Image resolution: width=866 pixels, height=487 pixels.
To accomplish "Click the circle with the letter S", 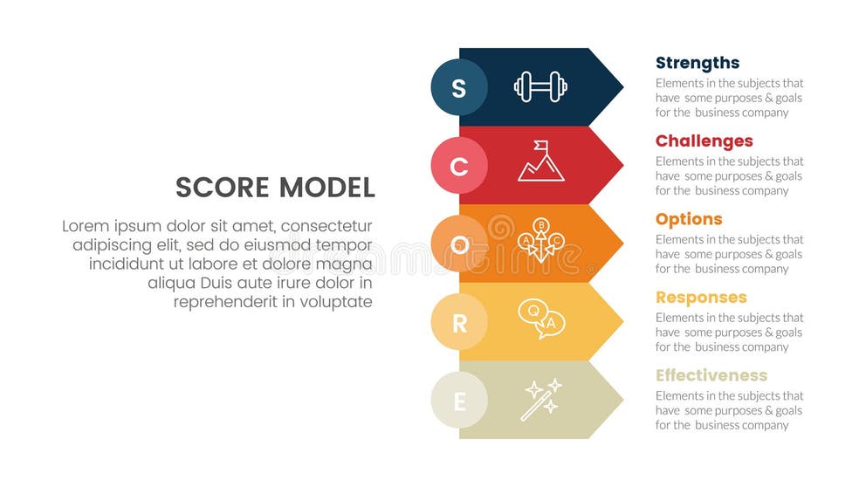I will pos(459,87).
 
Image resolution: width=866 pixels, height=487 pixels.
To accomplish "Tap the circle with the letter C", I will pos(459,166).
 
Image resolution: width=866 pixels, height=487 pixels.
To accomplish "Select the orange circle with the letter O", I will pos(459,244).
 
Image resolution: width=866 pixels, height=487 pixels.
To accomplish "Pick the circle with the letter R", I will pos(459,323).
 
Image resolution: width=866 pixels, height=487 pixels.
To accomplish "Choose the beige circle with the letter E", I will pos(459,401).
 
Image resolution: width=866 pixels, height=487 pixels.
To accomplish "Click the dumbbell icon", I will pos(540,86).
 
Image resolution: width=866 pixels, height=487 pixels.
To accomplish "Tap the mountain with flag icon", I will pos(540,161).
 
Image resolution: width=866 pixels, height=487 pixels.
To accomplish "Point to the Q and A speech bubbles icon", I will pos(540,319).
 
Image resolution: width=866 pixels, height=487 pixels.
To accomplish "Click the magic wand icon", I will pos(541,399).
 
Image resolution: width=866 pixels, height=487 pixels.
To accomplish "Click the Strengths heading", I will pos(698,63).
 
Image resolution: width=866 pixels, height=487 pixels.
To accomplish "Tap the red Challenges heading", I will pos(704,141).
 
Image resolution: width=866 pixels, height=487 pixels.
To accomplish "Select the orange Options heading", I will pos(689,219).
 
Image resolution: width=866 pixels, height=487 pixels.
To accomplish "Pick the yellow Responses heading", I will pos(701,298).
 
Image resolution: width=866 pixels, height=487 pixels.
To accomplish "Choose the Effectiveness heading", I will pos(711,375).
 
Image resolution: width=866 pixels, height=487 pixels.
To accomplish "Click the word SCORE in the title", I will pos(223,188).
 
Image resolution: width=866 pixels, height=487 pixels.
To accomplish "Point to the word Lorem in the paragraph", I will pos(84,225).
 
